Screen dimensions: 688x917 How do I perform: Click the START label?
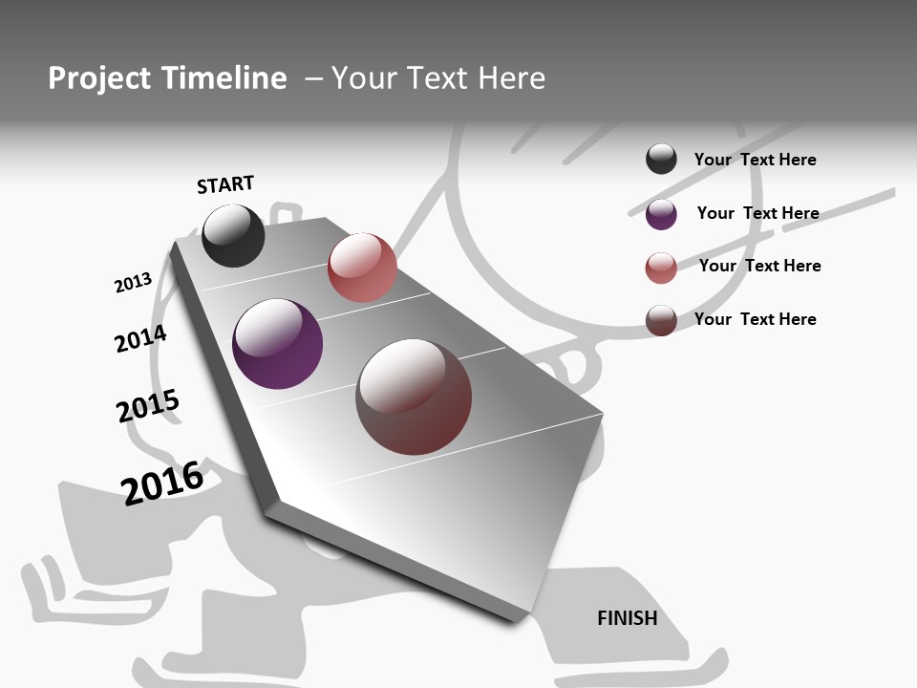[225, 184]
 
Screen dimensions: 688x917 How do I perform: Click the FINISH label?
[628, 618]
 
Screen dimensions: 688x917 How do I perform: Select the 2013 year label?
[133, 283]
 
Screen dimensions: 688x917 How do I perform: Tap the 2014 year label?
[140, 338]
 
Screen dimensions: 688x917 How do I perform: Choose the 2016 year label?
[162, 483]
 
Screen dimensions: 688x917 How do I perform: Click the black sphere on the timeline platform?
[233, 236]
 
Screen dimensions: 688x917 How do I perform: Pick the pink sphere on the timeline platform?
[362, 268]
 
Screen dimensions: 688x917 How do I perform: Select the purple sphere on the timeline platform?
[277, 344]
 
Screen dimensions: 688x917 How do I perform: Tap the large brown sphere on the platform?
[414, 397]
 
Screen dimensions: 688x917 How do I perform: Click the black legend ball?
[661, 160]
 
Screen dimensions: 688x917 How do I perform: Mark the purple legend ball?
[661, 214]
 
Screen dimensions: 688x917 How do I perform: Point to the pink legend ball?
[661, 269]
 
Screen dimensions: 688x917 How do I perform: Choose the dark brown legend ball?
[661, 320]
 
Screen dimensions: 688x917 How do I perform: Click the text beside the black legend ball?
[755, 160]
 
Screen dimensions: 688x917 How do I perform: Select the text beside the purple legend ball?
[757, 213]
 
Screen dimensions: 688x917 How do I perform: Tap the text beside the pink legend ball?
[759, 266]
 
